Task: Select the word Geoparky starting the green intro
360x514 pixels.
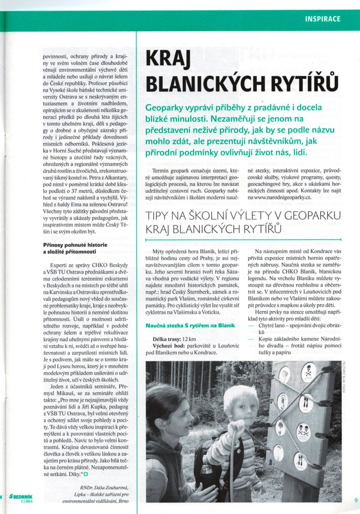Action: point(165,108)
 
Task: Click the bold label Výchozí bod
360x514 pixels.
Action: point(169,346)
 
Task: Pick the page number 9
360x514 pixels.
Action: point(356,499)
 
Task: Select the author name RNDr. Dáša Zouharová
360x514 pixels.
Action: point(106,487)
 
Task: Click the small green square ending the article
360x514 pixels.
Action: point(86,474)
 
